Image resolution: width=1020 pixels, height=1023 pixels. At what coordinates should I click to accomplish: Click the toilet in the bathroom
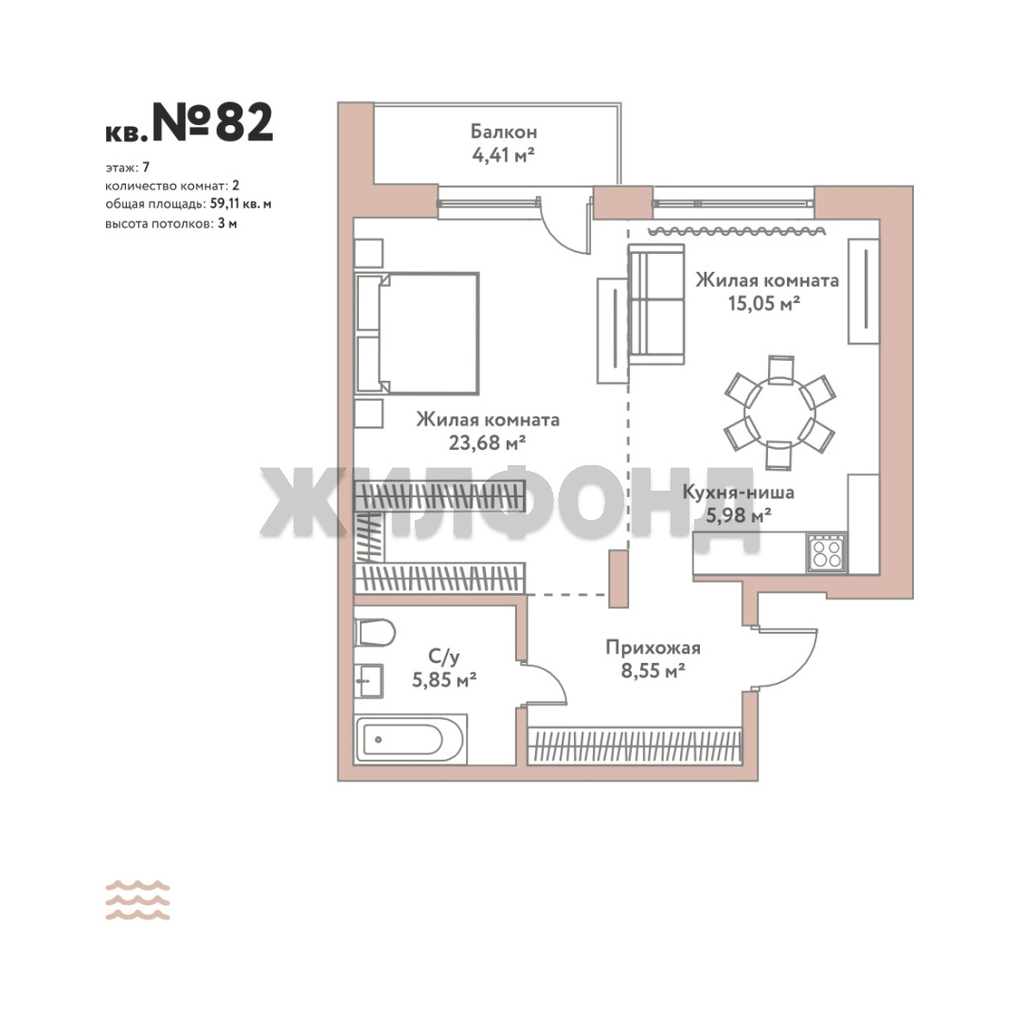click(x=375, y=633)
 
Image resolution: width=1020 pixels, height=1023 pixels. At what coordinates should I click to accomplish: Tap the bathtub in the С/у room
click(x=410, y=740)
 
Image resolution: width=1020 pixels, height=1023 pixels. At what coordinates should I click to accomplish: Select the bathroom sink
click(x=369, y=680)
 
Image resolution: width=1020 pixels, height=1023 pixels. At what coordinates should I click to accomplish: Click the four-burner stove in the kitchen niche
click(x=827, y=553)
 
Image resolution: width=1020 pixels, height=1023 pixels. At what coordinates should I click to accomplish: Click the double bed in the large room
click(x=418, y=333)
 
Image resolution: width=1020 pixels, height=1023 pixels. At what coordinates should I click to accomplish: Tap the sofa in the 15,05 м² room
click(x=656, y=304)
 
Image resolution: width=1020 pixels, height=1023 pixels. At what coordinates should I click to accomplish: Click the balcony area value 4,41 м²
click(x=504, y=155)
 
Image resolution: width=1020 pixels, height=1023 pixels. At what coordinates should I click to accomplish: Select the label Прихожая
click(x=653, y=647)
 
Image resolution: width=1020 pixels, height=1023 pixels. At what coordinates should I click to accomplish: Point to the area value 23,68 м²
click(x=487, y=443)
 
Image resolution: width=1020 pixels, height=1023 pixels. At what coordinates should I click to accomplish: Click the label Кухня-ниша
click(x=739, y=492)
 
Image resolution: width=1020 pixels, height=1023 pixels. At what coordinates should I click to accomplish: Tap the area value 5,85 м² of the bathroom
click(x=444, y=680)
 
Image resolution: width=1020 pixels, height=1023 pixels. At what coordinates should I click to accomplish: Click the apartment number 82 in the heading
click(x=244, y=122)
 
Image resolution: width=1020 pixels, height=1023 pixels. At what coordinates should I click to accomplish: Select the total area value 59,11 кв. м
click(x=241, y=205)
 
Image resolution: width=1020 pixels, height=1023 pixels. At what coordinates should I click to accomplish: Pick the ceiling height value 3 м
click(x=227, y=224)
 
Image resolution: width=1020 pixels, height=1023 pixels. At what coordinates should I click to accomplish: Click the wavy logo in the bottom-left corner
click(x=137, y=901)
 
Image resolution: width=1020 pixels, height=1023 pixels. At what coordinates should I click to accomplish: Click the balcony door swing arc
click(x=560, y=236)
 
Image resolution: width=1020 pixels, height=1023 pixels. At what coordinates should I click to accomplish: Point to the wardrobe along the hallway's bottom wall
click(x=635, y=745)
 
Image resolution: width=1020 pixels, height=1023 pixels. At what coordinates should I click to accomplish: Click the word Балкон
click(x=504, y=132)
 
